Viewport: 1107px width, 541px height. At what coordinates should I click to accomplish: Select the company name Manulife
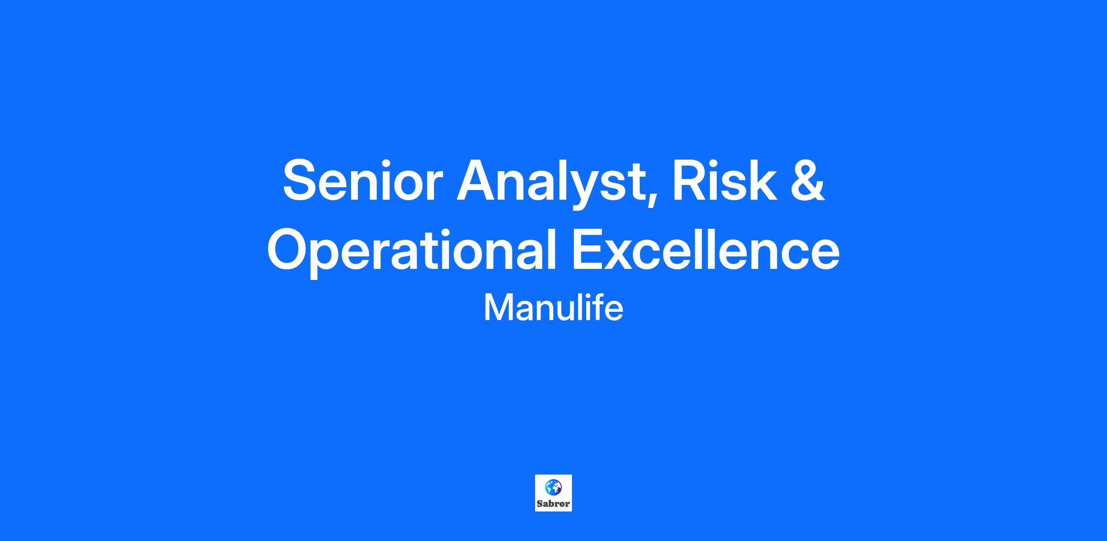(553, 308)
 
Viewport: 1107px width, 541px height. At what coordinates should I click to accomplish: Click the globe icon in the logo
(553, 487)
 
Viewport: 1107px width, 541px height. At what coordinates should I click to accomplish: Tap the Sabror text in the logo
(553, 504)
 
